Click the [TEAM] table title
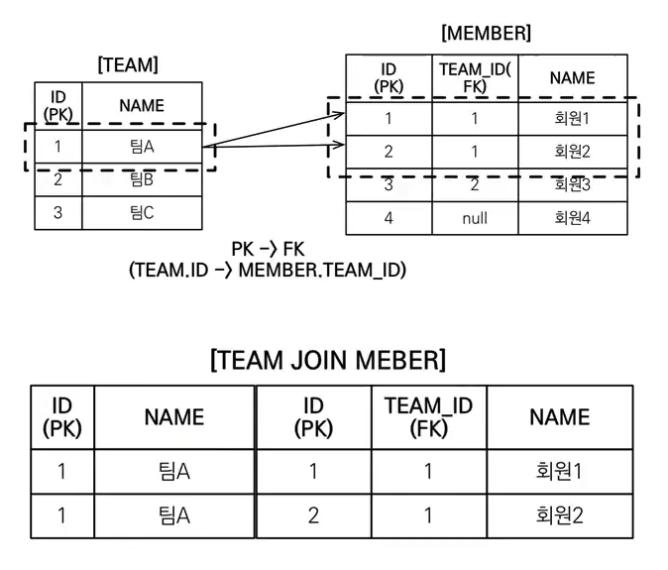coord(128,65)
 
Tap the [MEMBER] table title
coord(486,33)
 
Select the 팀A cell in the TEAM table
coord(142,147)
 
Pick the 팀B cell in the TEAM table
coord(142,180)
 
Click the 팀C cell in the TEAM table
coord(142,212)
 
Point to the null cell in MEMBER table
coord(475,218)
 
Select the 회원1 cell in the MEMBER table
coord(572,118)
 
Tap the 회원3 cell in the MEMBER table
coord(572,184)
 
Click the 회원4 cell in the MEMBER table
coord(572,218)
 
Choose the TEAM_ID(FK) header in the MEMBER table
coord(475,77)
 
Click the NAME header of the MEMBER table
coord(572,77)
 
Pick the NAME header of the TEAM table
coord(142,105)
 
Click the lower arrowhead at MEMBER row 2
coord(339,147)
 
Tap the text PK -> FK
coord(268,249)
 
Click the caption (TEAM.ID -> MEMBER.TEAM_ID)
coord(268,270)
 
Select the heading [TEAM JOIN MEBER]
coord(328,359)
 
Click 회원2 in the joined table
coord(558,515)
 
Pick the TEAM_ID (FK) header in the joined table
coord(428,417)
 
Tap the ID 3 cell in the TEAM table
coord(57,212)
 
